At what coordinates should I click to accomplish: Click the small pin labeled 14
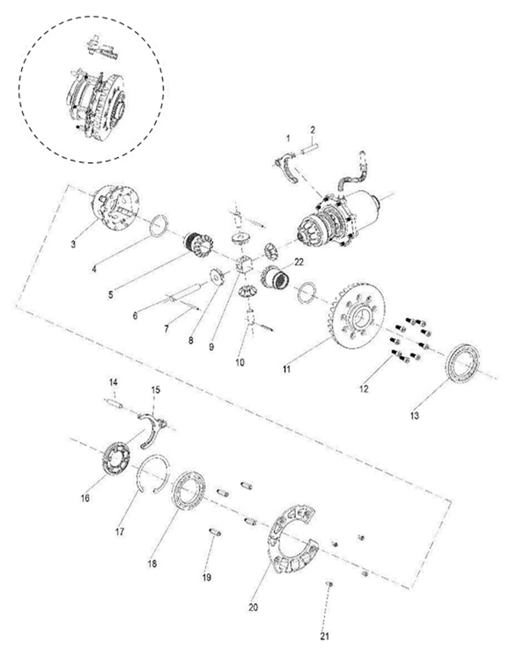(x=116, y=404)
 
